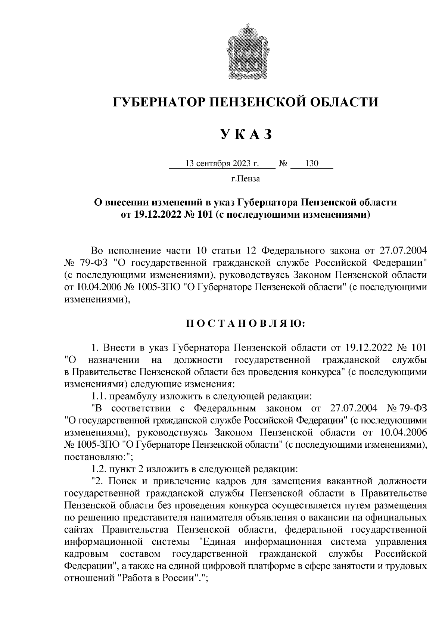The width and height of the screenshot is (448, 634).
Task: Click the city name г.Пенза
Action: (x=245, y=179)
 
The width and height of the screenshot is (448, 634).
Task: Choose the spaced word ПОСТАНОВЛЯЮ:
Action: (x=246, y=323)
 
